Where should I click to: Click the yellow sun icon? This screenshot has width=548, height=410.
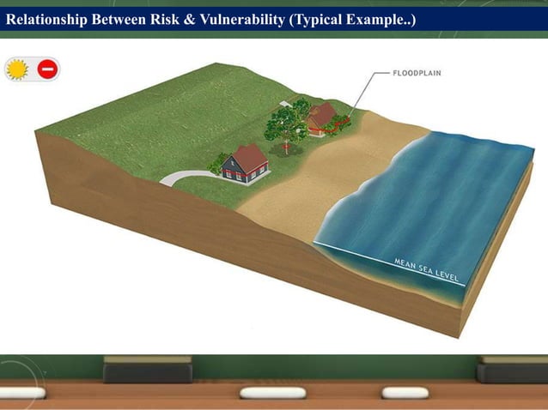click(x=17, y=69)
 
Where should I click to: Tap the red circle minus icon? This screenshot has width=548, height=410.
click(x=47, y=69)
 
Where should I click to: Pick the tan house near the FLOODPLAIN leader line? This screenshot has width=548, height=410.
click(x=322, y=119)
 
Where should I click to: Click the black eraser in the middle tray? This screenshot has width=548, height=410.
click(x=147, y=371)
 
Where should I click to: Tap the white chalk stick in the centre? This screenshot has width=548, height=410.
click(x=272, y=394)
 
